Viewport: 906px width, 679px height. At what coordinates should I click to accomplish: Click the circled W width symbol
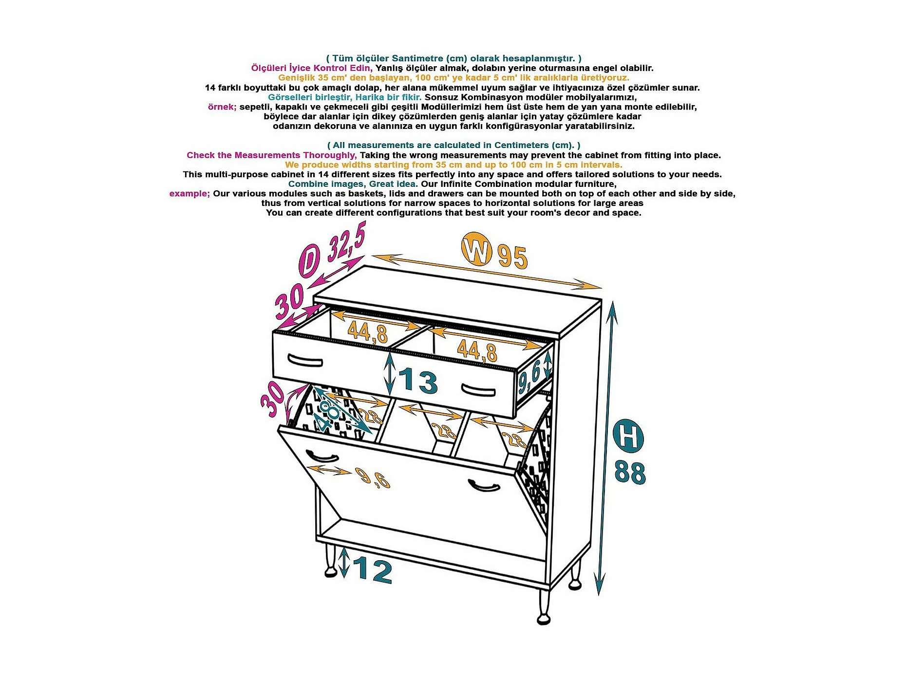(476, 249)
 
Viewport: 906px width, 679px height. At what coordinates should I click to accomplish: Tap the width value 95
(512, 257)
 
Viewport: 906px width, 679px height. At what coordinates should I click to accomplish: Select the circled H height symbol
(628, 436)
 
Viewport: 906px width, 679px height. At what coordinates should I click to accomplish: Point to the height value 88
(630, 472)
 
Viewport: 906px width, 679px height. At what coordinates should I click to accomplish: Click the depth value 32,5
(346, 242)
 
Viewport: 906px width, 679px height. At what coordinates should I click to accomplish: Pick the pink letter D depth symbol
(310, 261)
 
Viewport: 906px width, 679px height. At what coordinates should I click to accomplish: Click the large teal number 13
(418, 380)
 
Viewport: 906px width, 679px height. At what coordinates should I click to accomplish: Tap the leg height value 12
(372, 570)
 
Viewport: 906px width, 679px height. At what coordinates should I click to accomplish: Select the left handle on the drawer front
(305, 360)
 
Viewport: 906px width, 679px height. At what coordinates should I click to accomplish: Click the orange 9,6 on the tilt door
(373, 477)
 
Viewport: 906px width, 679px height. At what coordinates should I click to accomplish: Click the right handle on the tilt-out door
(484, 485)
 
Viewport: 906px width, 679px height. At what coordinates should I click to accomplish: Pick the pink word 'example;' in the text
(189, 194)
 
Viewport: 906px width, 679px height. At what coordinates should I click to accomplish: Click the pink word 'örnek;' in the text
(222, 107)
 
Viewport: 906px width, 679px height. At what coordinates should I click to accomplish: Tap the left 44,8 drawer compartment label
(368, 332)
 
